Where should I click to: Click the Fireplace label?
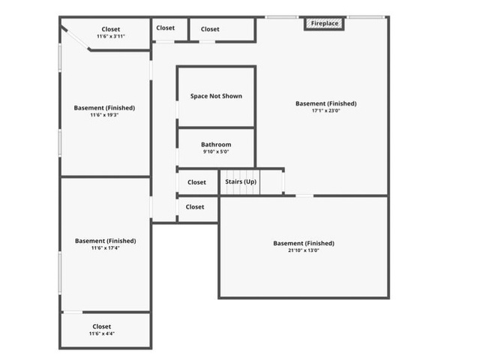325,23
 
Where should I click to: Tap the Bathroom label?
216,145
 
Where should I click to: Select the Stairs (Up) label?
241,181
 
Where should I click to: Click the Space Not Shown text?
216,96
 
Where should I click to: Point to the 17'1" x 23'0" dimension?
326,110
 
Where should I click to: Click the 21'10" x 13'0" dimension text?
304,250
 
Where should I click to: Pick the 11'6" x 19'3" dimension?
104,115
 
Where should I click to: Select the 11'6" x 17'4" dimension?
105,247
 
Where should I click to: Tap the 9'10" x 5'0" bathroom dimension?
216,151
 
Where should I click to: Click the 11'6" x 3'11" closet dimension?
111,36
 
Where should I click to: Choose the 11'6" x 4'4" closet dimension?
102,333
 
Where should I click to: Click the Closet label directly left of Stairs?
196,182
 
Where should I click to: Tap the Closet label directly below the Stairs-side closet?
195,207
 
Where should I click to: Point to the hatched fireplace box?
324,23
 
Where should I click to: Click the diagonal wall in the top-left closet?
75,38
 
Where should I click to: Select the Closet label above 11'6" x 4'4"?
102,326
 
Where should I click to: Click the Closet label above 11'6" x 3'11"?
111,29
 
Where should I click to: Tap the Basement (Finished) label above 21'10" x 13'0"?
304,243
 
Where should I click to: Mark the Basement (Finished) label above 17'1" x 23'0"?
326,103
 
